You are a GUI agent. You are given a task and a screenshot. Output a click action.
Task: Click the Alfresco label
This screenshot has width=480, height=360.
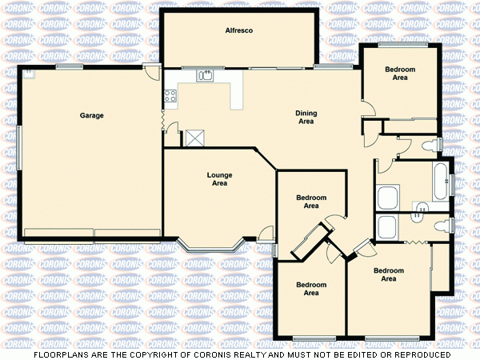[x=238, y=30]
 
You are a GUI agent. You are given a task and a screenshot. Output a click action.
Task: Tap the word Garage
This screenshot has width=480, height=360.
[x=91, y=116]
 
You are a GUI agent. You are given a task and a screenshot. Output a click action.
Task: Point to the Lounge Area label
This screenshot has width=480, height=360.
[x=219, y=179]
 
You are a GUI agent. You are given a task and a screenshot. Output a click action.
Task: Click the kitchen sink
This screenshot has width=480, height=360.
[x=206, y=76]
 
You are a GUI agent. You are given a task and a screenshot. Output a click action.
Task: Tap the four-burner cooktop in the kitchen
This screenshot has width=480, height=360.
[x=170, y=98]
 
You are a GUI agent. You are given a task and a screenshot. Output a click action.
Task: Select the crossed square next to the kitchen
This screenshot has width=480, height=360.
[x=194, y=138]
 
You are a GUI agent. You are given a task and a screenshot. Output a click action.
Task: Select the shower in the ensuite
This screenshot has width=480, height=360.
[x=388, y=227]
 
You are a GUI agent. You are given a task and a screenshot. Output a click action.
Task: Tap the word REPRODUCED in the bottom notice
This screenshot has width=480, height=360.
[x=422, y=354]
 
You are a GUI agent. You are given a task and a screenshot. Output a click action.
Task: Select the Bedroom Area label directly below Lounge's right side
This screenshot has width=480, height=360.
[x=311, y=202]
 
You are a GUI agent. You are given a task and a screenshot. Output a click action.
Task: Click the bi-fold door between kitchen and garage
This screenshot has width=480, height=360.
[x=163, y=119]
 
